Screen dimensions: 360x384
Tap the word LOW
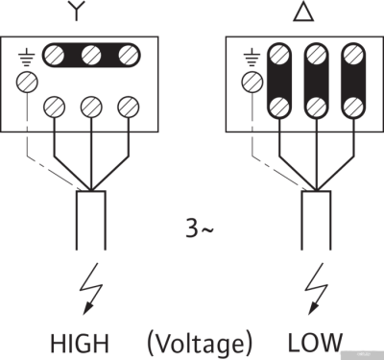pos(314,342)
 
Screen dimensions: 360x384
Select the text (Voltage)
pos(200,342)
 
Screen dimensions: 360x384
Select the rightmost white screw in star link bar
pos(126,55)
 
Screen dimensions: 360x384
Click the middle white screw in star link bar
pos(91,55)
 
